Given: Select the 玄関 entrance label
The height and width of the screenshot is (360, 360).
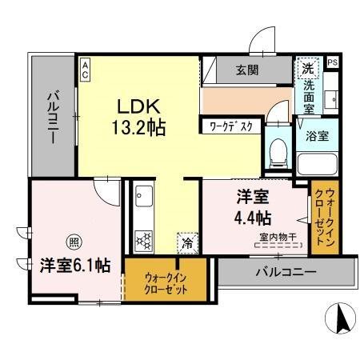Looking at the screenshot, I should pyautogui.click(x=246, y=70).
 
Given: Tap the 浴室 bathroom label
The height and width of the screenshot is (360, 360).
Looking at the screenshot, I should pyautogui.click(x=316, y=136).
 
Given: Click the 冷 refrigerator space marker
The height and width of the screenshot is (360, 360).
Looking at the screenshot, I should pyautogui.click(x=186, y=242).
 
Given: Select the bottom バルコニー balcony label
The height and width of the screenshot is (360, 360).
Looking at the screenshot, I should pyautogui.click(x=286, y=272).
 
